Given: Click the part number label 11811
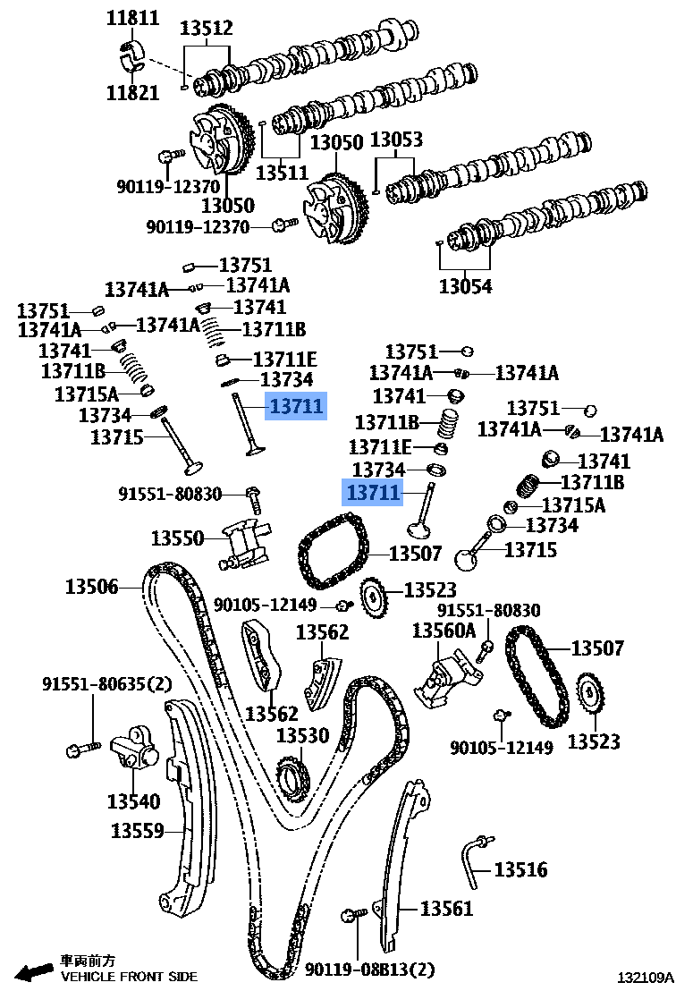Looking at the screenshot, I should pos(132,17).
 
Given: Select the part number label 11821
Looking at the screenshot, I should pos(132,91).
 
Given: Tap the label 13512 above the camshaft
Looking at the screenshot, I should pos(206,28).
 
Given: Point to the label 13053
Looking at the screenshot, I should pos(396,140).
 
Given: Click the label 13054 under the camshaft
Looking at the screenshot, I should pos(465,286).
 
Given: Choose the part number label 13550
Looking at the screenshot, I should pos(177,538).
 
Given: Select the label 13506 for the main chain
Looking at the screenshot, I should pos(91,587).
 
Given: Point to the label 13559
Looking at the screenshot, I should pos(138,831).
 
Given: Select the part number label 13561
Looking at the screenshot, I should pos(446,909).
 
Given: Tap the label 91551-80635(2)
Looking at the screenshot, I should pos(106,684).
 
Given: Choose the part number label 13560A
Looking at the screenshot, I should pos(444,631).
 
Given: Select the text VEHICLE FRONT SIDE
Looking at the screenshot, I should pos(129,977).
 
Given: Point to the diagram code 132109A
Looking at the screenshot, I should pos(641,978).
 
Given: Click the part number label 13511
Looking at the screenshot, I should pos(282,172).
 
